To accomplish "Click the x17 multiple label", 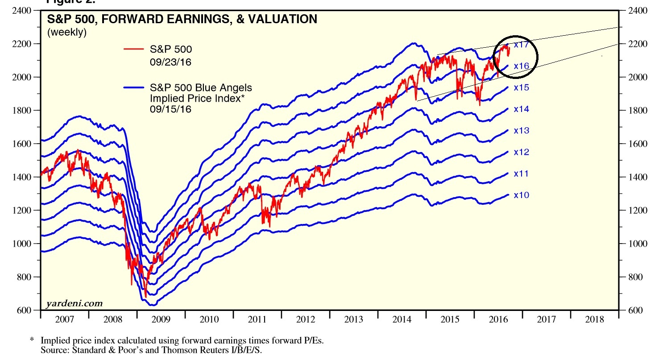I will point(521,45).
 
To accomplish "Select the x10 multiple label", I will point(521,195).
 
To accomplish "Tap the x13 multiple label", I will point(521,130).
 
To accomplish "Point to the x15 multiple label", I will point(521,87).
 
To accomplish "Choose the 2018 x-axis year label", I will point(594,320).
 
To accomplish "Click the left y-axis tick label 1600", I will point(22,144).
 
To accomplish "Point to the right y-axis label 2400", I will point(638,11).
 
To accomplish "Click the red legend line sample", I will point(133,49).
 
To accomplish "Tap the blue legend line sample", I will point(133,87).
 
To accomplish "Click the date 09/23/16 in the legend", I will point(170,62).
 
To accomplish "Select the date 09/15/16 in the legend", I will point(170,109).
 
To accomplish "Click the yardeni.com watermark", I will point(74,304).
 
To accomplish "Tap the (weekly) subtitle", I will point(67,32).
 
